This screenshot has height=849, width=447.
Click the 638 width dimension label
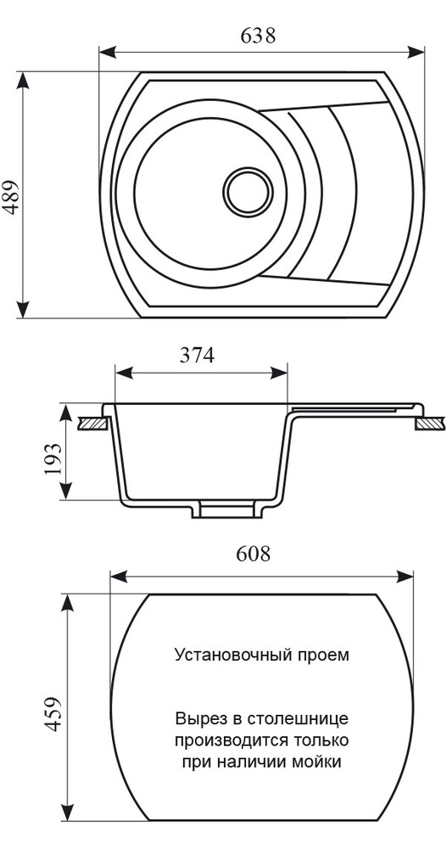point(259,36)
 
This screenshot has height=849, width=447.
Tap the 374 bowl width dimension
point(197,356)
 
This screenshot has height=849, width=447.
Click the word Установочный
point(226,655)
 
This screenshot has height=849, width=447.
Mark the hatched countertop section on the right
point(429,422)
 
